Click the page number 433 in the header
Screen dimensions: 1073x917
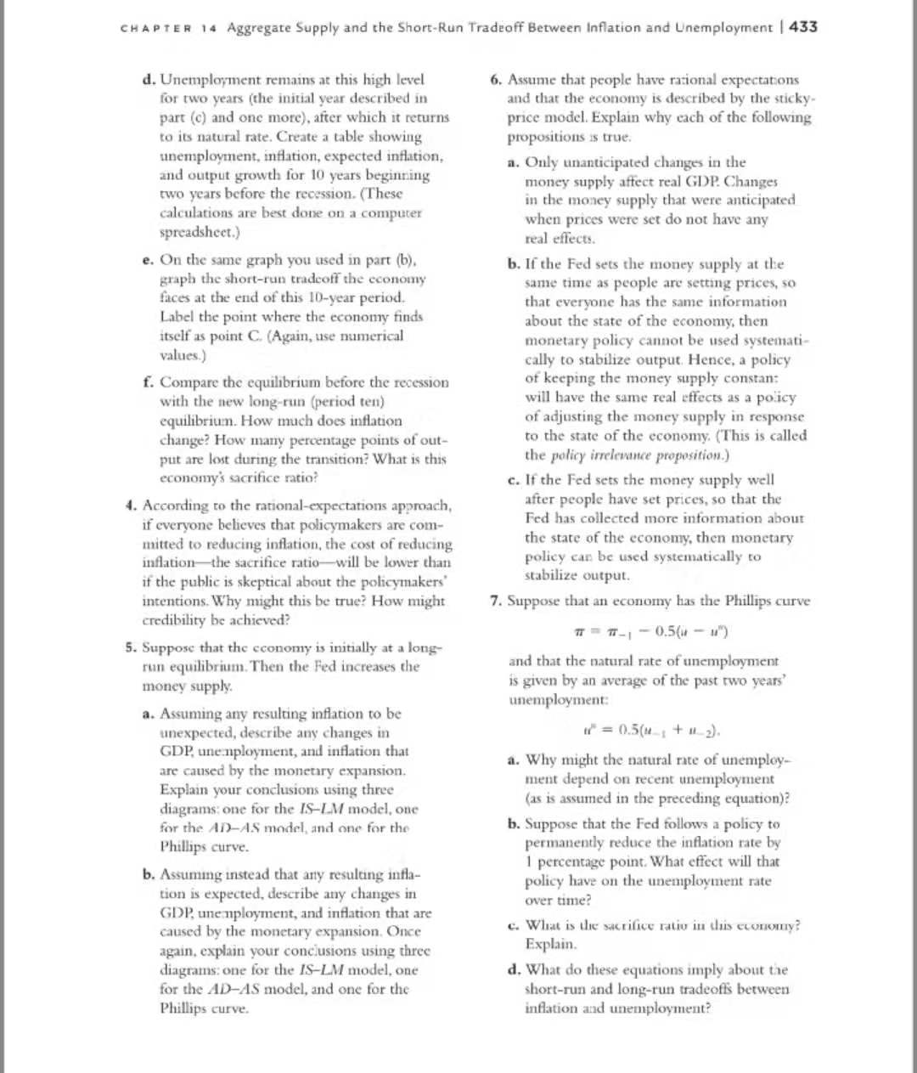click(803, 27)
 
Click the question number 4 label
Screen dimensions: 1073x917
click(130, 505)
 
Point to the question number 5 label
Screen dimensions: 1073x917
click(130, 647)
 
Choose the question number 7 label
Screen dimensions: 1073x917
click(495, 601)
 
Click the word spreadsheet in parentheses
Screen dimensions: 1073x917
click(196, 232)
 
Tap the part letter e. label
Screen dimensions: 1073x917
click(149, 260)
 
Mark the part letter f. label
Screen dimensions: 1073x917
click(149, 382)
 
